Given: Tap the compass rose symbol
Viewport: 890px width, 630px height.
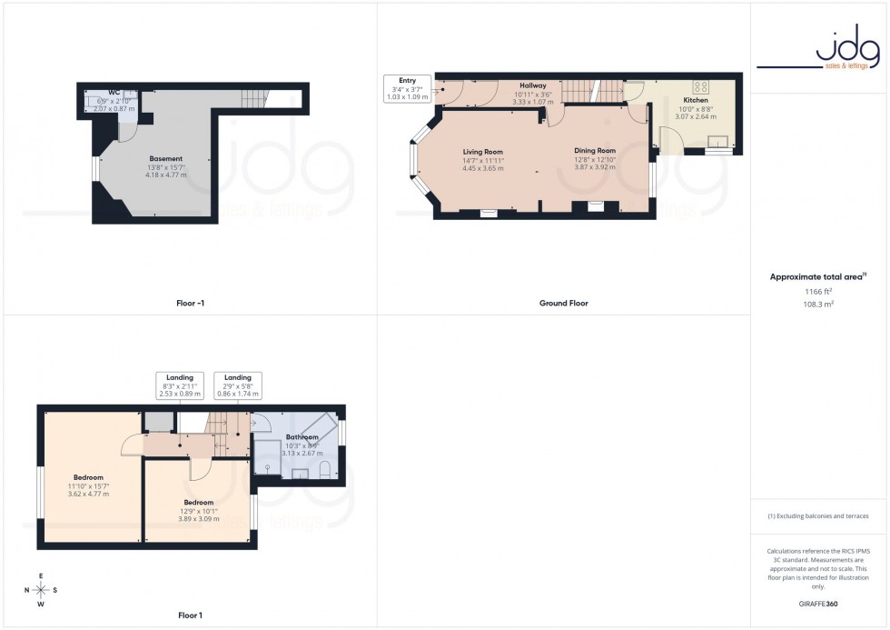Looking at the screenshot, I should (x=41, y=589).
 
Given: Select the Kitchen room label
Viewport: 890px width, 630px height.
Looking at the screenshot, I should (x=696, y=100).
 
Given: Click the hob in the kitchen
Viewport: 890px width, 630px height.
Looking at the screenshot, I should (x=701, y=87).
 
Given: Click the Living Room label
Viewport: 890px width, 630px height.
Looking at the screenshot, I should (x=482, y=152).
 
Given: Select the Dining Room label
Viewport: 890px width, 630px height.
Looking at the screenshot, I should (x=595, y=150).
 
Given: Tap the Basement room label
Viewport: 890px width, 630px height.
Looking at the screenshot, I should (x=166, y=158).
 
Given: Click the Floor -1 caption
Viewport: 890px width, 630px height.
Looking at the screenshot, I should (x=190, y=303).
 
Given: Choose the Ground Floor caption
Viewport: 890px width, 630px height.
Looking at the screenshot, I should (x=563, y=303).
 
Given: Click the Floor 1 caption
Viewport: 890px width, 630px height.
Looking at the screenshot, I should (x=190, y=615).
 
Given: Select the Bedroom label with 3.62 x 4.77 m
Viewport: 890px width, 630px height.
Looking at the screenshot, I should (x=88, y=477).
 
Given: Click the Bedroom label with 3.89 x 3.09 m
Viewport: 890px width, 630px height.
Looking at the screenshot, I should (x=198, y=503).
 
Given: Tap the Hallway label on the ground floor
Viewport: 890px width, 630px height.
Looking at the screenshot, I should (x=533, y=85).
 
